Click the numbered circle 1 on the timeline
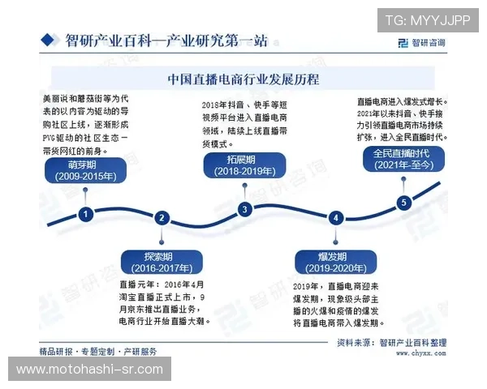[85, 214]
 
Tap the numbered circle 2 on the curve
[162, 217]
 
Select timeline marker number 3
[245, 209]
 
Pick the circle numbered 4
[335, 217]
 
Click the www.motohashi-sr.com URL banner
[91, 370]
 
